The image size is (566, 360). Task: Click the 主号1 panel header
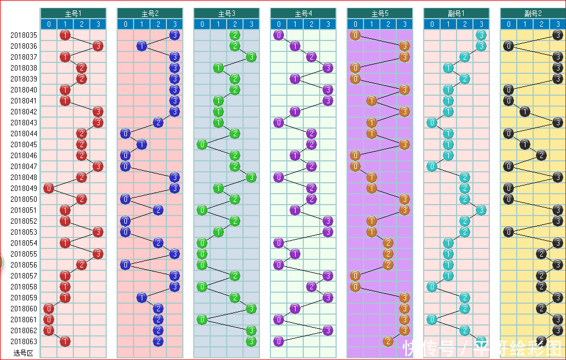(73, 13)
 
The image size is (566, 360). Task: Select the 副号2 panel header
(533, 13)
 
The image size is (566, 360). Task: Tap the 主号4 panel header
(303, 13)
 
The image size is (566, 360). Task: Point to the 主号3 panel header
(226, 13)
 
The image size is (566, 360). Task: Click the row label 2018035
(24, 36)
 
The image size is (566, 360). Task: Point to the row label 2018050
(24, 200)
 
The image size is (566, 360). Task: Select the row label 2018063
(24, 342)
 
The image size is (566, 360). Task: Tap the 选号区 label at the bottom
(24, 353)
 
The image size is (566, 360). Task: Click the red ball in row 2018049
(49, 188)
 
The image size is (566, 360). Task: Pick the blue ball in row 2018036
(142, 46)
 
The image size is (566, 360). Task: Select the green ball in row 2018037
(251, 57)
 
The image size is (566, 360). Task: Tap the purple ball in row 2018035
(279, 36)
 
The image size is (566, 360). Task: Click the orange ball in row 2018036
(405, 46)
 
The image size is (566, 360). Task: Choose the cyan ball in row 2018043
(432, 123)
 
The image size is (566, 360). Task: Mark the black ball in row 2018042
(525, 112)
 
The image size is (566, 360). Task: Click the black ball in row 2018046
(541, 155)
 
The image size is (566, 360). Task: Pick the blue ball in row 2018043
(158, 123)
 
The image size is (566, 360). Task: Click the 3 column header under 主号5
(405, 24)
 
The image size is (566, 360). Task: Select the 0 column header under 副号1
(432, 24)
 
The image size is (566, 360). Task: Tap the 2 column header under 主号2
(158, 24)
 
